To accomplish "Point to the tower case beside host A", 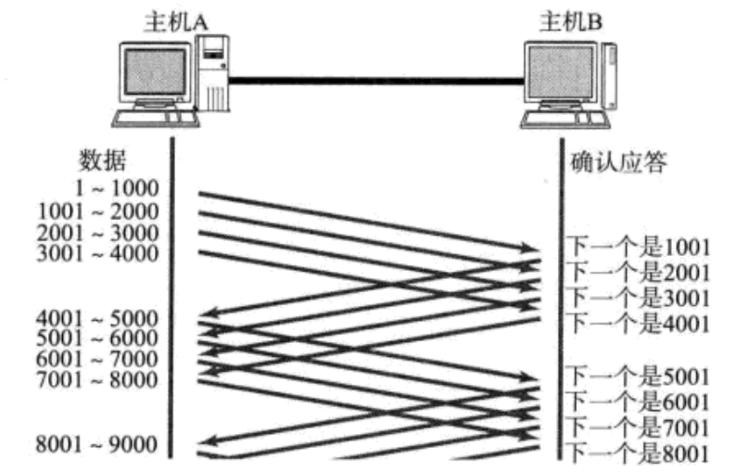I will coord(216,74).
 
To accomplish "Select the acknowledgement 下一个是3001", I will coord(638,298).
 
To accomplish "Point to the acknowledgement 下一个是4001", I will coord(638,323).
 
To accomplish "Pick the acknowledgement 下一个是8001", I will coord(638,453).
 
